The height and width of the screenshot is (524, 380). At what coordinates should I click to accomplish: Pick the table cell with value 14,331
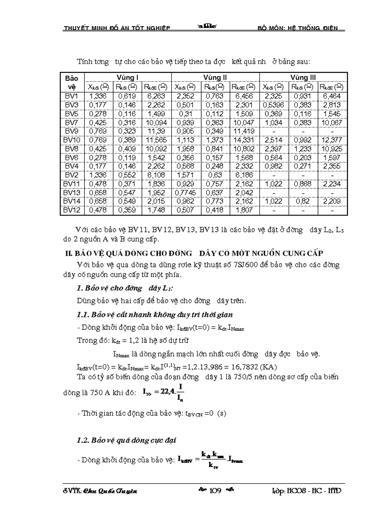tap(244, 140)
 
